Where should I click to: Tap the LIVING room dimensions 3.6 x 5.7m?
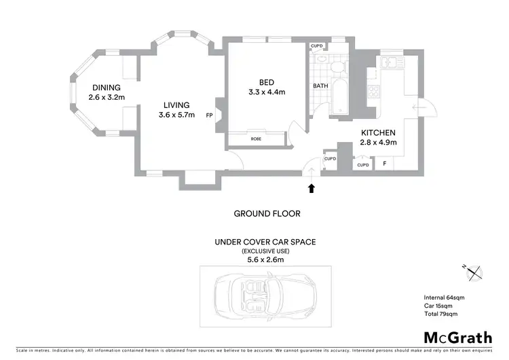point(176,115)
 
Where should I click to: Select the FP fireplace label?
point(209,115)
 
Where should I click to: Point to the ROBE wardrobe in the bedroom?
point(256,139)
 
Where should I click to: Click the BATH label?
point(320,86)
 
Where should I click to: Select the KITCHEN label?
point(378,132)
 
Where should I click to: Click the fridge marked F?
point(385,164)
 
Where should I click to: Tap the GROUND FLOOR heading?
point(267,213)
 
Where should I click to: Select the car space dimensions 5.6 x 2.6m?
point(265,259)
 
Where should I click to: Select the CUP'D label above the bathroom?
point(317,46)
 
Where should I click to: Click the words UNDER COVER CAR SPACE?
point(265,242)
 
